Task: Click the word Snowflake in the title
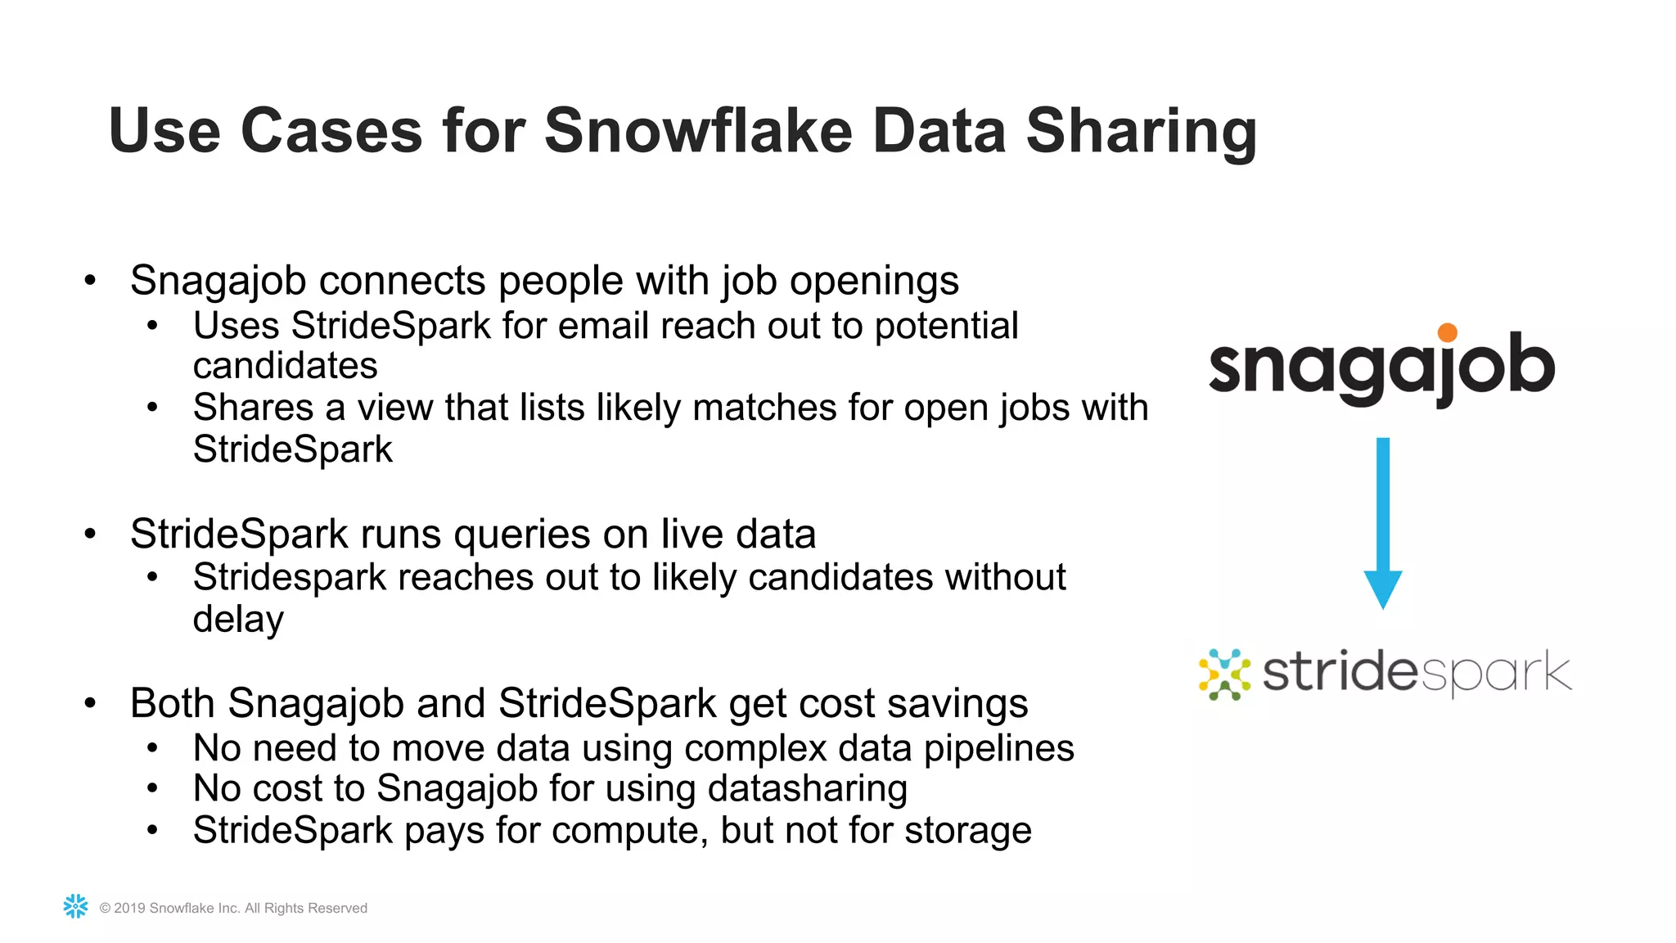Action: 698,131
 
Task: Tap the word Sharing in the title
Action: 1141,133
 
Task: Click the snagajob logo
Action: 1381,367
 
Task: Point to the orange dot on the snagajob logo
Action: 1448,332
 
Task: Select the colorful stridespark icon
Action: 1224,675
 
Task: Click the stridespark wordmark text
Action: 1417,673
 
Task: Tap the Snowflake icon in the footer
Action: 76,906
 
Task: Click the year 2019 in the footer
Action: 129,908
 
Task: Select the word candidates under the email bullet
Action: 285,366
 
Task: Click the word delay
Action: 238,620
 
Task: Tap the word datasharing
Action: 807,789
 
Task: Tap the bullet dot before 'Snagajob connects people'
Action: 90,281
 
